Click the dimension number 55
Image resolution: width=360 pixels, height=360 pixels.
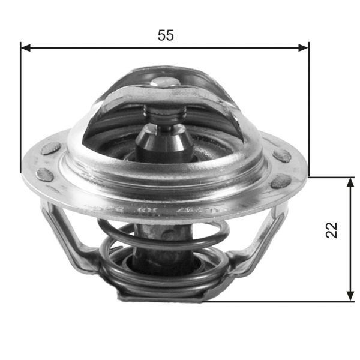coord(166,35)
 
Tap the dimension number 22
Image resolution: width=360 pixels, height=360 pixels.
coord(332,230)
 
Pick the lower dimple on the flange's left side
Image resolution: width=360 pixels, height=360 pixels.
coord(44,175)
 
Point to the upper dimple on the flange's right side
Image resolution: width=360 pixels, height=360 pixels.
coord(281,155)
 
